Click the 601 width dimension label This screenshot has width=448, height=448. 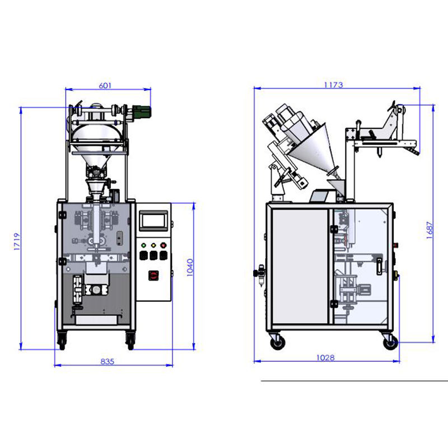coord(105,86)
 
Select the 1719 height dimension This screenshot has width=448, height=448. coord(17,242)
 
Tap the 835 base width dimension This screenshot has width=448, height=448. coord(107,361)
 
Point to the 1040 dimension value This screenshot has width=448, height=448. coord(190,268)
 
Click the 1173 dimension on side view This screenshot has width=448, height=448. coord(333,85)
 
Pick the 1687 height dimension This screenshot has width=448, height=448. coord(430,230)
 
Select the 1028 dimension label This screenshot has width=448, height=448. coord(325,357)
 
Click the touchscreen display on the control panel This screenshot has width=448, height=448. coord(153,221)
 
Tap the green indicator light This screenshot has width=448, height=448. coord(144,245)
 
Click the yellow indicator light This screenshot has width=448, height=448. coord(153,245)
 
